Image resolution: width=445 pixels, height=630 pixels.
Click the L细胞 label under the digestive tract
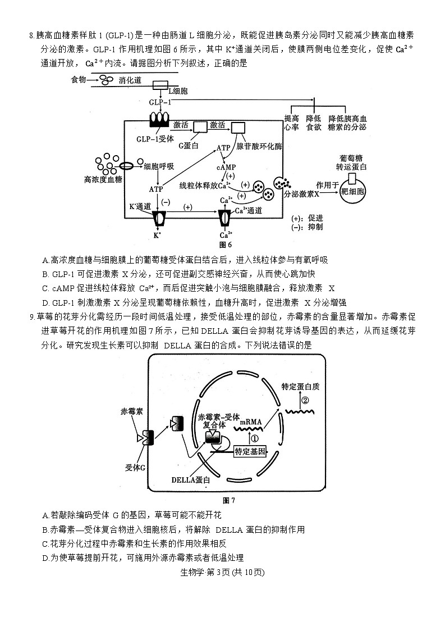[x=178, y=91]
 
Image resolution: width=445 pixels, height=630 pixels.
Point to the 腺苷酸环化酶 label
[x=260, y=146]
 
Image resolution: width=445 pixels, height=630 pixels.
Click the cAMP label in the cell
[x=226, y=167]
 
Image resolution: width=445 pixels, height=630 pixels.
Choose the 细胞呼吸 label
[x=159, y=166]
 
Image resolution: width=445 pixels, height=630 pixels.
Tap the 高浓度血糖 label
[x=102, y=180]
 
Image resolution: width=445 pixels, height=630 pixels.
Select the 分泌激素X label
[x=301, y=194]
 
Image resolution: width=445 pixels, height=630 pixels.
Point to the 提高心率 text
[x=291, y=123]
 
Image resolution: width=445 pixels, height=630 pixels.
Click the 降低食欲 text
[x=313, y=123]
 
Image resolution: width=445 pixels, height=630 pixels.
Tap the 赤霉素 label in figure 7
[x=131, y=411]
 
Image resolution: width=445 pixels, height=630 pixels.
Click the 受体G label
[x=135, y=466]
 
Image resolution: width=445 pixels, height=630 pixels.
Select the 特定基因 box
[x=250, y=451]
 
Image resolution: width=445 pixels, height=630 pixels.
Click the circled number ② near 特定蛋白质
[x=305, y=401]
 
